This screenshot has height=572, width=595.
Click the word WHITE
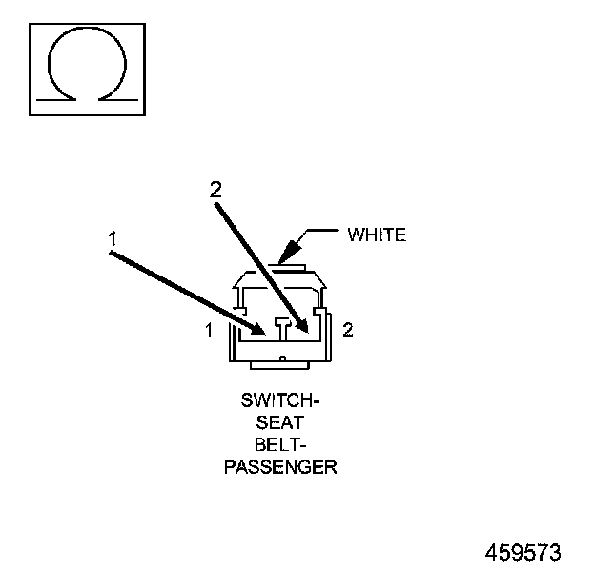coord(377,235)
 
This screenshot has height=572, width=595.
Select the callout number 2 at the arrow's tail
coord(215,190)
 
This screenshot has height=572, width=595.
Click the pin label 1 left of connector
coord(208,330)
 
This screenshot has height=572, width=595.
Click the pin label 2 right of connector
coord(348,330)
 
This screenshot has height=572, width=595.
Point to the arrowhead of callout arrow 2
coord(305,329)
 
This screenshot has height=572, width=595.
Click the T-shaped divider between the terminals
coord(282,326)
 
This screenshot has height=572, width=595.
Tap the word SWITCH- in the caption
coord(281,401)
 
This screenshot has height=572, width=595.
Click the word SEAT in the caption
coord(281,423)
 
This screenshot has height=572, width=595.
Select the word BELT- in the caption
coord(281,445)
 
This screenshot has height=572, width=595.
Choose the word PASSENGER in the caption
coord(281,467)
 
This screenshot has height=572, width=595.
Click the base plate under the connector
coord(282,364)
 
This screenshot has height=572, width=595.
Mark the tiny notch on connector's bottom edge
coord(282,357)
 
